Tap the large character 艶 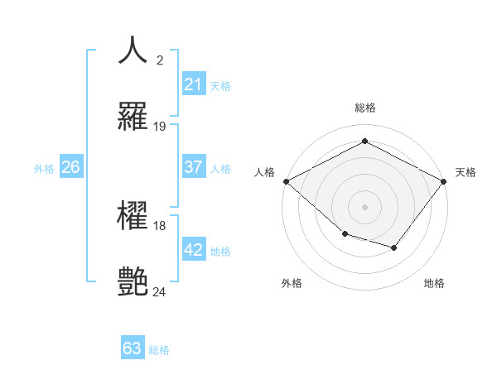point(133,282)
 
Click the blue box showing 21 point(193,84)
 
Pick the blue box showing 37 point(193,167)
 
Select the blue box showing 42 point(193,250)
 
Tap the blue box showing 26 point(70,167)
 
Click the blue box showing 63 point(133,348)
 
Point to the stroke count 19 point(160,127)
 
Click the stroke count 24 point(160,292)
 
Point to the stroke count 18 point(160,226)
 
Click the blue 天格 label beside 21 point(220,85)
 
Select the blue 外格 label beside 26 point(44,168)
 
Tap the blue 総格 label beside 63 point(159,350)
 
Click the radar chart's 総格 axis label point(364,108)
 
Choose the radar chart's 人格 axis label point(264,172)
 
